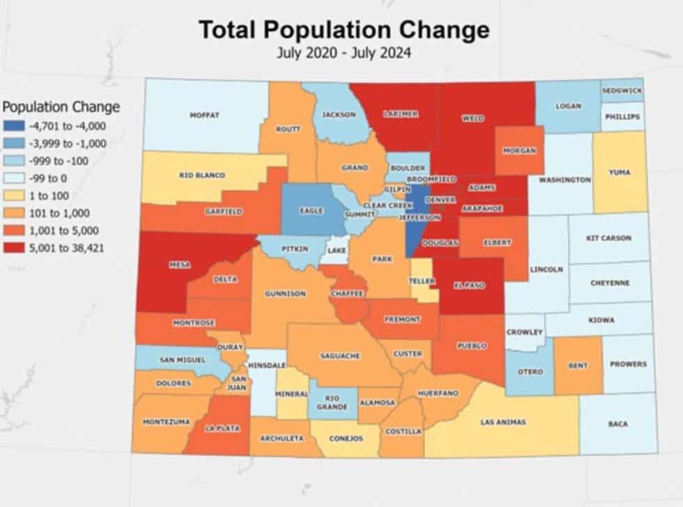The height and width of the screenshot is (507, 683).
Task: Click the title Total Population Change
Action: pos(344,30)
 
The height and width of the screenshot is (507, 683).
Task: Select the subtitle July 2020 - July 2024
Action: pos(344,53)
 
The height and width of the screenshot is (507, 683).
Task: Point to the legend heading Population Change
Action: pos(61,107)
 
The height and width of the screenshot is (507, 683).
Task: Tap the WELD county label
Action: pos(473,118)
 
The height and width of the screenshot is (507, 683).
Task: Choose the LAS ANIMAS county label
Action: pos(502,422)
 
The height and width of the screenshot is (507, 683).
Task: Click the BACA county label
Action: pos(617,423)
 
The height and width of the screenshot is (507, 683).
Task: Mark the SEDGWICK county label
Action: pos(622,91)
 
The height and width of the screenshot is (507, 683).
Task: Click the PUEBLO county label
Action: pos(473,345)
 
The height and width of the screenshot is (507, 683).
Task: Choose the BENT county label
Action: pos(578,365)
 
